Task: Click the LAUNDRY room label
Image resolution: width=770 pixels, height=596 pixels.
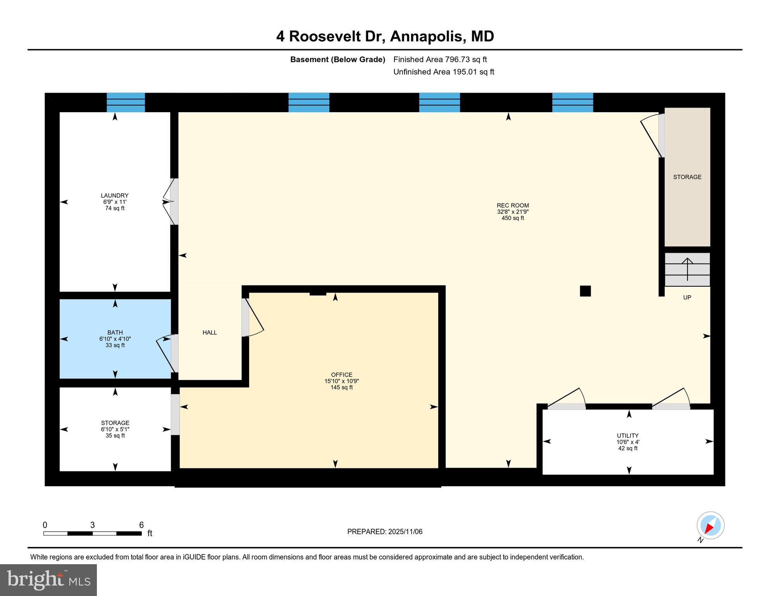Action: [114, 196]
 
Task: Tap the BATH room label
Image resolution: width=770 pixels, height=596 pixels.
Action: [115, 333]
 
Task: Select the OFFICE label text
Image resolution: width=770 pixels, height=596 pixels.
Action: [341, 375]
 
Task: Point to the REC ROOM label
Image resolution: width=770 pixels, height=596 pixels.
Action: [512, 206]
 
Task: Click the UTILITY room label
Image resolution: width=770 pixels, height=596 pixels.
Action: [627, 436]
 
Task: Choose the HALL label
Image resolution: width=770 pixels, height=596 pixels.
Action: [210, 333]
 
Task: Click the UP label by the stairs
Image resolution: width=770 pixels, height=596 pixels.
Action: [687, 298]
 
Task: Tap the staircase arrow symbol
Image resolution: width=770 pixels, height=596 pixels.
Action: [687, 269]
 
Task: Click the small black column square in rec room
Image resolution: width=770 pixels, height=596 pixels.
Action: [585, 291]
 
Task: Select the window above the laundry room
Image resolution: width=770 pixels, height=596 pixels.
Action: [126, 102]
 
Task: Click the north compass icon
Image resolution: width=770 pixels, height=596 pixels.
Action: [710, 526]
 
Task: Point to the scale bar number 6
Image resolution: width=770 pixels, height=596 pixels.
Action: [141, 525]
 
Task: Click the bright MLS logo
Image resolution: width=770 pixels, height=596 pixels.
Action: [48, 580]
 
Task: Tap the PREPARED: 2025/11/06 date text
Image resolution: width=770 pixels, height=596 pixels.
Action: [384, 532]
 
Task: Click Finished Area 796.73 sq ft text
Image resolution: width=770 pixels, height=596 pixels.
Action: [440, 59]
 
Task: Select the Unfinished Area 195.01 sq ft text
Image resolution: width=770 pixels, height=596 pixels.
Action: [443, 72]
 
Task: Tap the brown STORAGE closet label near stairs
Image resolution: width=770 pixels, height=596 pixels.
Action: [687, 177]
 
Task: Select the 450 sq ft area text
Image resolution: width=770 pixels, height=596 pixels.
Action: [512, 218]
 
